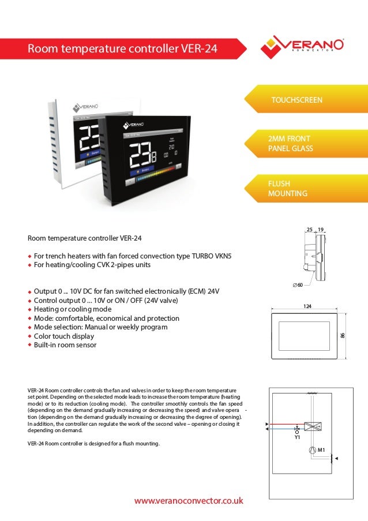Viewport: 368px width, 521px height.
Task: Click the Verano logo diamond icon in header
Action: pos(272,47)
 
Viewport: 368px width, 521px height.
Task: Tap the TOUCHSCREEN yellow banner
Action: pos(297,100)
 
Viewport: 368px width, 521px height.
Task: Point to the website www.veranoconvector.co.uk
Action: pos(189,501)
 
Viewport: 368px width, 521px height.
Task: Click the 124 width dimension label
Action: pos(307,306)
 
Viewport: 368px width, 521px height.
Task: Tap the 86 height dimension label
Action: pos(342,335)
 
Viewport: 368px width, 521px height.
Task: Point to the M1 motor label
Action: pos(321,449)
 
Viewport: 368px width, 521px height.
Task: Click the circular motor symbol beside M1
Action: pos(311,449)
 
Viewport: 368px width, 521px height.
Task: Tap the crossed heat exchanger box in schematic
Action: pos(313,426)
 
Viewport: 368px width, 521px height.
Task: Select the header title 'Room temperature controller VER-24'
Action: pos(123,49)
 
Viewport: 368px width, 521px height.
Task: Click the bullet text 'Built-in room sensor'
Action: pos(65,345)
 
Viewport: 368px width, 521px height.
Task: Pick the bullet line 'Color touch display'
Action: pos(64,336)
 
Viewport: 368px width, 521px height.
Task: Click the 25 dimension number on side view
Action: pos(310,230)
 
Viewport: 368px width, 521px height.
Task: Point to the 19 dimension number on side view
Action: pos(321,230)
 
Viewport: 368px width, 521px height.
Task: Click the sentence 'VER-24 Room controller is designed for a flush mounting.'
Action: pos(93,443)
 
